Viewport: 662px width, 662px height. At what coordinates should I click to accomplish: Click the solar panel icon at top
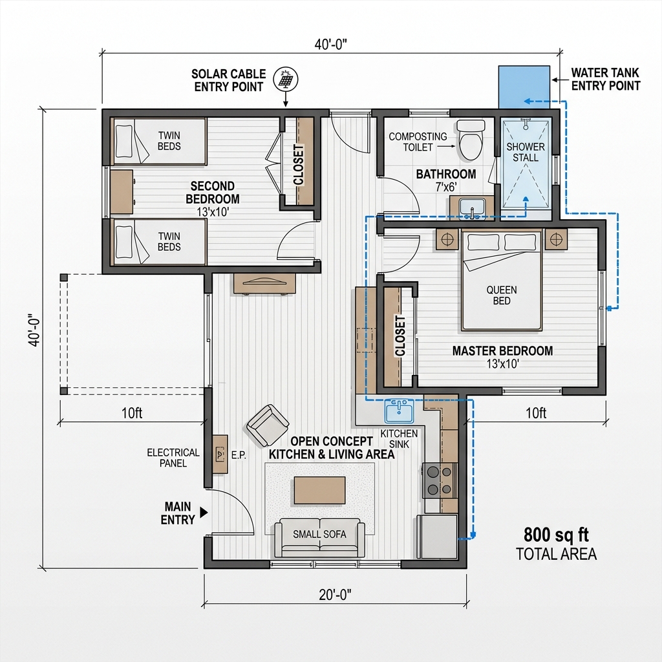[x=284, y=80]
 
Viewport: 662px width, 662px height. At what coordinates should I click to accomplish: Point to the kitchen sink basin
[x=399, y=411]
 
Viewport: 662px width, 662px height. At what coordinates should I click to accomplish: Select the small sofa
[x=319, y=537]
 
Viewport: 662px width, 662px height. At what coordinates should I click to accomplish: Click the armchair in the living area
[x=268, y=425]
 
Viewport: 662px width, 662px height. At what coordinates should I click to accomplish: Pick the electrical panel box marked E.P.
[x=220, y=454]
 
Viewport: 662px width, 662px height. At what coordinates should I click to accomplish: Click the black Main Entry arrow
[x=204, y=512]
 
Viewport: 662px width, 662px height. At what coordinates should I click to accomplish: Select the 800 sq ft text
[x=557, y=535]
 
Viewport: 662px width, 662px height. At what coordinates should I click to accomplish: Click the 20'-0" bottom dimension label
[x=335, y=594]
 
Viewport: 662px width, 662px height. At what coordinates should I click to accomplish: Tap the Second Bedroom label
[x=213, y=193]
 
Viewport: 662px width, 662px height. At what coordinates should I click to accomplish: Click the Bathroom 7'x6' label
[x=446, y=180]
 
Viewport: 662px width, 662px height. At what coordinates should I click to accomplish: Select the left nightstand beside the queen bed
[x=447, y=239]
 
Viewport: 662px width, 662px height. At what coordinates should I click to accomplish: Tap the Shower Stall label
[x=525, y=152]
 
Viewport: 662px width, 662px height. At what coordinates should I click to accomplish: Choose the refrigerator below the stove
[x=438, y=537]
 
